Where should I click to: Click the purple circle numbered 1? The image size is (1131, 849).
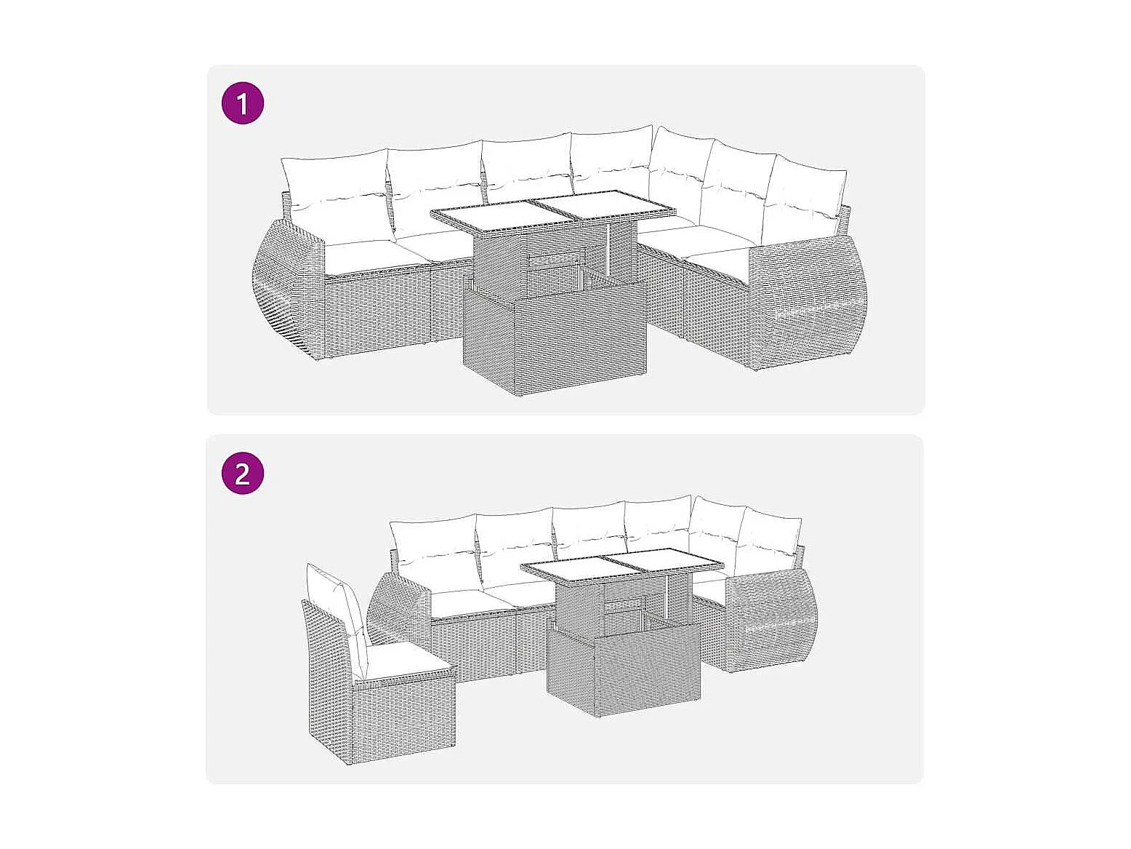click(x=243, y=103)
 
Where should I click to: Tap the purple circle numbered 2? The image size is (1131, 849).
click(x=243, y=473)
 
